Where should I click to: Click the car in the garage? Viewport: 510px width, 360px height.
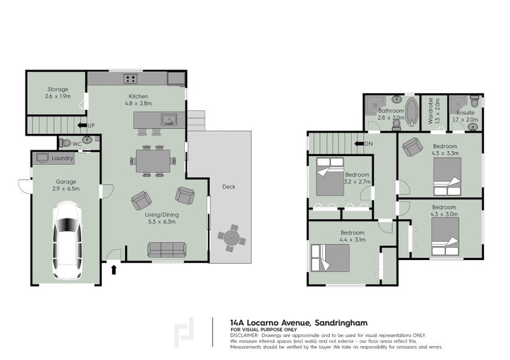(x=68, y=240)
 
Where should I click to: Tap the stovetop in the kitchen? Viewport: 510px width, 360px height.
(x=131, y=79)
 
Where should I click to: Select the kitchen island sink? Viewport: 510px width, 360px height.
(x=169, y=119)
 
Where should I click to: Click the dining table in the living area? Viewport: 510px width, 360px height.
(x=153, y=161)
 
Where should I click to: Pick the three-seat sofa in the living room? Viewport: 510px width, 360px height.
(x=167, y=250)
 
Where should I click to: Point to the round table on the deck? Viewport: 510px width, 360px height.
(x=231, y=238)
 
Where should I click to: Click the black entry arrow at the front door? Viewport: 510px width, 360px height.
(x=113, y=270)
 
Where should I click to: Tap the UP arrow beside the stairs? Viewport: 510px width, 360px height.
(x=82, y=125)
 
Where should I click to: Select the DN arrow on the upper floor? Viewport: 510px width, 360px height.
(x=359, y=144)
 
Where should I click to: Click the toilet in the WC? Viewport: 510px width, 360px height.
(x=66, y=143)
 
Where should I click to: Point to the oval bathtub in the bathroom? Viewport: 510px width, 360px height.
(x=412, y=112)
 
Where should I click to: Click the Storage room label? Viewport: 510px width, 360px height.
(x=58, y=89)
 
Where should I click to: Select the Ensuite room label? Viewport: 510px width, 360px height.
(x=465, y=113)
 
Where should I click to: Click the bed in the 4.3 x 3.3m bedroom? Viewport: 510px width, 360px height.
(x=448, y=176)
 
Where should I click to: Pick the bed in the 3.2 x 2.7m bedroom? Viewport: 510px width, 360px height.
(x=330, y=176)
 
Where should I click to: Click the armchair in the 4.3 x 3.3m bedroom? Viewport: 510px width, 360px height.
(x=412, y=147)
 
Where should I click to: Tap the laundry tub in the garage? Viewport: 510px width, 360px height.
(x=42, y=157)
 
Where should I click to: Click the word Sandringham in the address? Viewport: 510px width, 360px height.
(x=342, y=323)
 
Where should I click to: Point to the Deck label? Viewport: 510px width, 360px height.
(x=229, y=187)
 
